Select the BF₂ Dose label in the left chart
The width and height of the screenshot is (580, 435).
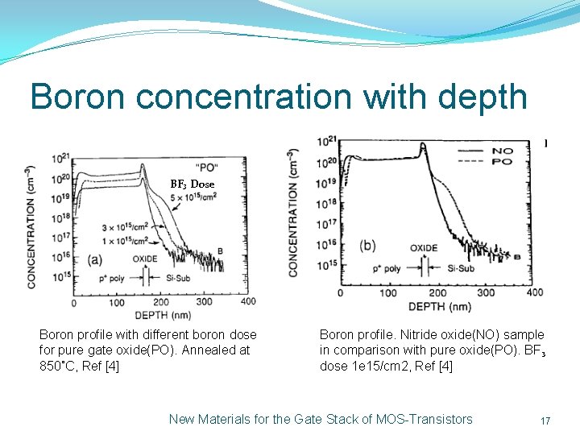[x=193, y=184]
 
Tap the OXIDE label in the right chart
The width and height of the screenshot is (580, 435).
[x=425, y=247]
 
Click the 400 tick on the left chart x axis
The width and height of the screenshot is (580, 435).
[x=249, y=302]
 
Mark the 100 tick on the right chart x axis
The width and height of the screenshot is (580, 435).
[x=389, y=293]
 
